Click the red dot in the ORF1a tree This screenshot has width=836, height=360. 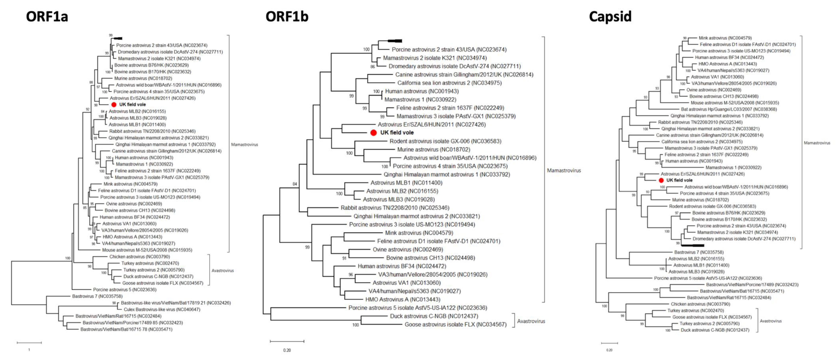pos(114,105)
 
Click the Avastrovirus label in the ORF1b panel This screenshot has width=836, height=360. pos(531,321)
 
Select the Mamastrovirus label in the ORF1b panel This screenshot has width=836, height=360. pos(564,170)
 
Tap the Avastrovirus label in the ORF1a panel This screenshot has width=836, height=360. pos(223,270)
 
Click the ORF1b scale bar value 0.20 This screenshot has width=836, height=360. pos(287,350)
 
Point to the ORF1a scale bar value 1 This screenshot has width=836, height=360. pos(29,350)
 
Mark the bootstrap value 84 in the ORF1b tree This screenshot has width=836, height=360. pos(295,184)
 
